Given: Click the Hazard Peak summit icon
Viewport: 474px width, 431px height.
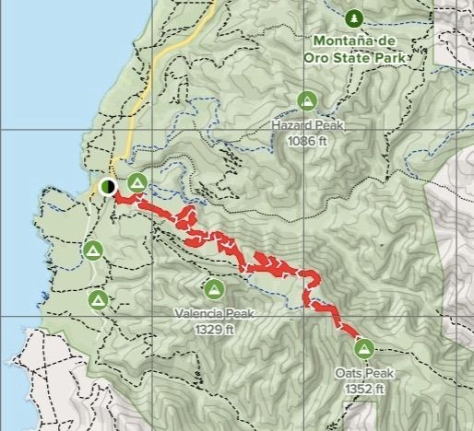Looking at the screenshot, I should [306, 100].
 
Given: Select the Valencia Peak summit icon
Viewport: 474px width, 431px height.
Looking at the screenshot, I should [214, 288].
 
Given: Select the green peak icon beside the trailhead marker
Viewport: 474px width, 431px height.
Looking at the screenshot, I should [136, 182].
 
